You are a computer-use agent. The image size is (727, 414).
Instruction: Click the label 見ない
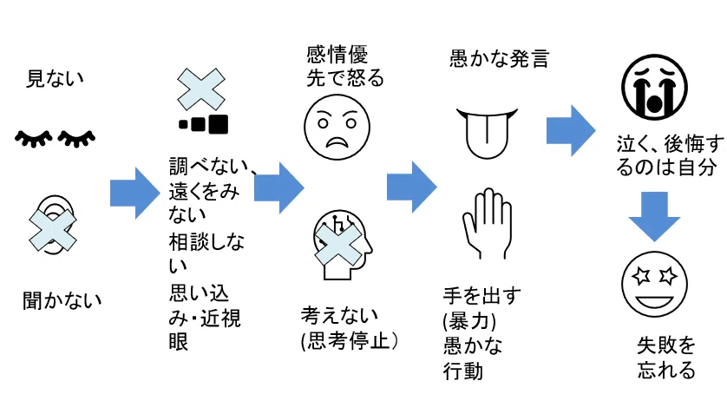point(55,79)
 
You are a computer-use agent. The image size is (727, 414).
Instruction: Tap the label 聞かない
point(62,300)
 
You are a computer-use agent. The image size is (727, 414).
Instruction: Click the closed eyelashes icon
point(55,138)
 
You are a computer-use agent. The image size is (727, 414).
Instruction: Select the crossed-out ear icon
point(53,226)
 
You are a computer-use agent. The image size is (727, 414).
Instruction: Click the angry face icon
point(337,127)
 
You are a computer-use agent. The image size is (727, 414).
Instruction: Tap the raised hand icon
point(488,223)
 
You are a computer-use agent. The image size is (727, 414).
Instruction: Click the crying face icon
point(654,87)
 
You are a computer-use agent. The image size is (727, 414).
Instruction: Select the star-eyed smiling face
point(654,284)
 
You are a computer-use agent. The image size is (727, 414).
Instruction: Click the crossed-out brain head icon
point(342,244)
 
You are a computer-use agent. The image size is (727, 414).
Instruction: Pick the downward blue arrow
point(654,216)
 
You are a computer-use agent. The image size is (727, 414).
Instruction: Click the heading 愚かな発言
point(500,59)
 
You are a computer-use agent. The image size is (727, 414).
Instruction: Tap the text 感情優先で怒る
point(345,66)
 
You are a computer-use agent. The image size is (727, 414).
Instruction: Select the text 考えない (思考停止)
point(349,328)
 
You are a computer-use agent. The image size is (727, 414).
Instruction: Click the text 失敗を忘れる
point(666,358)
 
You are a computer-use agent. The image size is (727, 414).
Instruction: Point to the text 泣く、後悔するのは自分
point(670,155)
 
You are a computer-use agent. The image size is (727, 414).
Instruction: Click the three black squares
point(203,124)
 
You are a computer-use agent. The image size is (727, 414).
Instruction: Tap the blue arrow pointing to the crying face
point(571,130)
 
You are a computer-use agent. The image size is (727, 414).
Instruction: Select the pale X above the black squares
point(201,89)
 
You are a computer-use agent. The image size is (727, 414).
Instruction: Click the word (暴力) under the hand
point(469,321)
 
